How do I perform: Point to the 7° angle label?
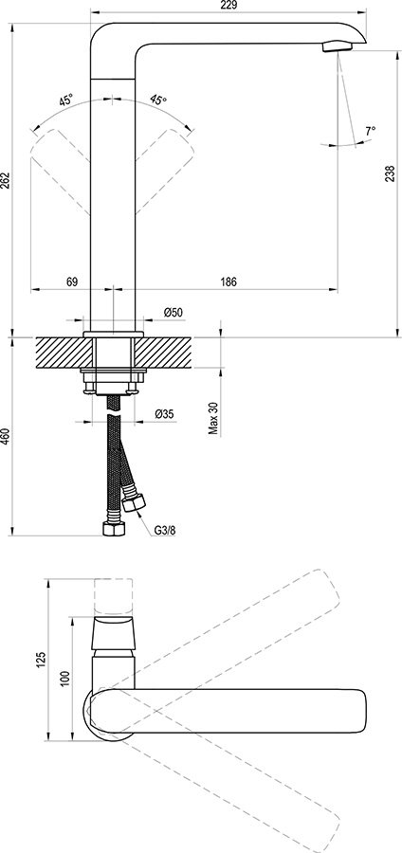(369, 130)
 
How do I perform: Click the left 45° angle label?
(65, 100)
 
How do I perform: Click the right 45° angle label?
(157, 100)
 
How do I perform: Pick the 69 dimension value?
(71, 281)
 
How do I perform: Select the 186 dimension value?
(228, 281)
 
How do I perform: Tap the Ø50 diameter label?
(173, 313)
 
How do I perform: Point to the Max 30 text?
(214, 417)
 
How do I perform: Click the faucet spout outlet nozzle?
(335, 46)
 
